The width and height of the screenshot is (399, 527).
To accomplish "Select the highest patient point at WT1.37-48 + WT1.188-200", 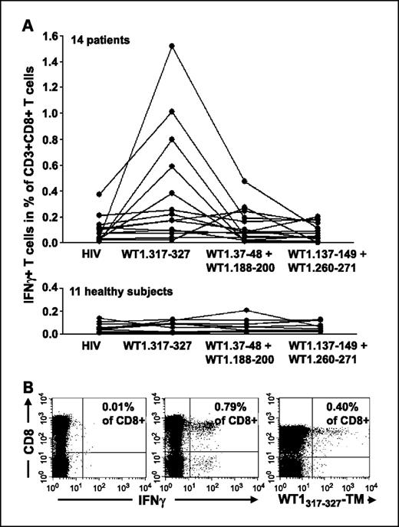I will point(245,182).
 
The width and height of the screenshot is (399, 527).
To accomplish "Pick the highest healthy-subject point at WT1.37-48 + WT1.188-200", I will point(245,310).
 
